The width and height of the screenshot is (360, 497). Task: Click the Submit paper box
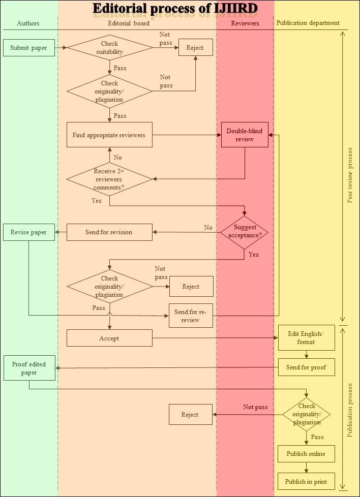pos(28,48)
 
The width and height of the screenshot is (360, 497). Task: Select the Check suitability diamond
pos(110,48)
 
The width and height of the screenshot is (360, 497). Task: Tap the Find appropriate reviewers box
pos(109,135)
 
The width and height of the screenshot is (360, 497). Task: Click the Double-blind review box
pos(245,135)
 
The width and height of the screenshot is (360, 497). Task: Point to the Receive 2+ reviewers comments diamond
pos(109,179)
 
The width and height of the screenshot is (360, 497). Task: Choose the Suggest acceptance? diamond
pos(245,232)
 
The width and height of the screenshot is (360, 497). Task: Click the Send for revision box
pos(109,232)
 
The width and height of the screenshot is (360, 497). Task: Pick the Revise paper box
pos(28,232)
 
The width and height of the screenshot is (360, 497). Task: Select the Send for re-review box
pos(190,316)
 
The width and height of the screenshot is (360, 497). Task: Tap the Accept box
pos(109,338)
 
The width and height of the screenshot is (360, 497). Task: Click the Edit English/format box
pos(306,337)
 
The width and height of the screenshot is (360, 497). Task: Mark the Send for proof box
pos(306,367)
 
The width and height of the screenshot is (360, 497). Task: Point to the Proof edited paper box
pos(29,368)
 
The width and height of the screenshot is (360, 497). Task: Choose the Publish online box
pos(306,454)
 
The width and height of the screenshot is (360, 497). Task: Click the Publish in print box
pos(306,481)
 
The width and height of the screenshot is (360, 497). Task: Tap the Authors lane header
pos(28,23)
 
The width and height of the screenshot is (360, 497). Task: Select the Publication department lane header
pos(308,23)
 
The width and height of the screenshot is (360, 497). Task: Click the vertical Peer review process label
pos(350,175)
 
